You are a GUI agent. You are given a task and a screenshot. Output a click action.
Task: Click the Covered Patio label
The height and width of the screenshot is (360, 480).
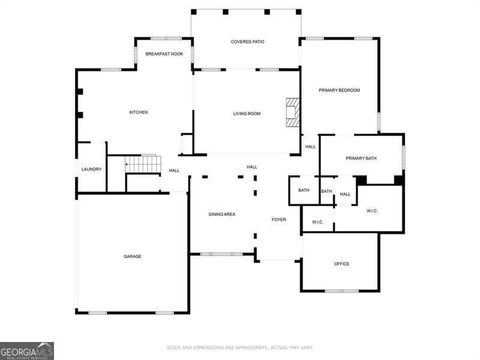[247, 41]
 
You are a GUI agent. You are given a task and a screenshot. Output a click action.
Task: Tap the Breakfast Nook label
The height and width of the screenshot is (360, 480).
[160, 54]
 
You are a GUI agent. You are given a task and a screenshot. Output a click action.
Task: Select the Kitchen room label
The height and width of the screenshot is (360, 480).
[139, 112]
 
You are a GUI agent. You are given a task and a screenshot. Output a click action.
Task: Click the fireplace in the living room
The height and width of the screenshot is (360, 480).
[292, 112]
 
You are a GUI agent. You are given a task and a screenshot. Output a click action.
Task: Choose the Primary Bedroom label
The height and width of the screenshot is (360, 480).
[339, 90]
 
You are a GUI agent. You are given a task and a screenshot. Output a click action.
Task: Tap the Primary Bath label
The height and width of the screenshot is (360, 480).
[361, 158]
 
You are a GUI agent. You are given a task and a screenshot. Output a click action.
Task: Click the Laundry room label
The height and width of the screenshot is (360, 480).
[91, 169]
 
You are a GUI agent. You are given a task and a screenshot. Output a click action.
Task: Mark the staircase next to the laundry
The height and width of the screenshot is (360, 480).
[143, 164]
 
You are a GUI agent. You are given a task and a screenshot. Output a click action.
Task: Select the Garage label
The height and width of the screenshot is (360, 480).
[133, 256]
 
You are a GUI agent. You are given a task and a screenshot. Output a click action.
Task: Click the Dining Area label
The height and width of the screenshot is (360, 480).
[221, 214]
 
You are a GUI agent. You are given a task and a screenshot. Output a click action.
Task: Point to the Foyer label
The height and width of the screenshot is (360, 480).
[278, 220]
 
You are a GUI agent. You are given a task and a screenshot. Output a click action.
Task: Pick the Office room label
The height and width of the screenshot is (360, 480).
[341, 264]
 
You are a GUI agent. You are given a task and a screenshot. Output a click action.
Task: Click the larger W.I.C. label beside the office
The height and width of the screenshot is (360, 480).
[373, 211]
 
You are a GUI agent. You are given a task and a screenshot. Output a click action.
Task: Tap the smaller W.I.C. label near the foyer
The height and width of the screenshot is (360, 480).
[317, 223]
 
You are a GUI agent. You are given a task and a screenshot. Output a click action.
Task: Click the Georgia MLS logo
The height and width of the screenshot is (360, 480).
[27, 350]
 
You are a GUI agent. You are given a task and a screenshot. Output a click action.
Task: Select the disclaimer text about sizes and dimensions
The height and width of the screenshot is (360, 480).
[239, 347]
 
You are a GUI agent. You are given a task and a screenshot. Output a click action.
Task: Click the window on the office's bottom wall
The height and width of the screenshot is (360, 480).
[341, 291]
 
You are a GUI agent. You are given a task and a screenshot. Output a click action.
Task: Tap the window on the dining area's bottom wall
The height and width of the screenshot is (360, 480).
[221, 254]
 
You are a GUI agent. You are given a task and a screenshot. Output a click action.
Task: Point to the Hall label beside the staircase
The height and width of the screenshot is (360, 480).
[174, 170]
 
